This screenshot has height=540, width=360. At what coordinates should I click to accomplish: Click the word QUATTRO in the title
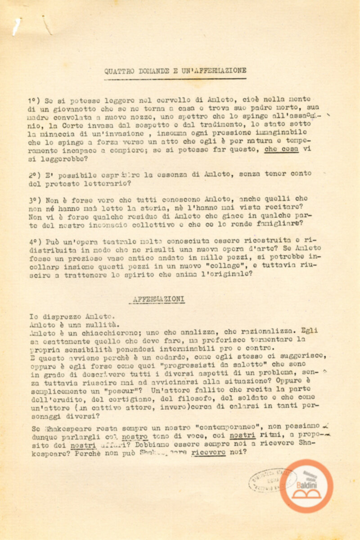tap(118, 71)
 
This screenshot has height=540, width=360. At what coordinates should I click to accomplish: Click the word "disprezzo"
tap(60, 315)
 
